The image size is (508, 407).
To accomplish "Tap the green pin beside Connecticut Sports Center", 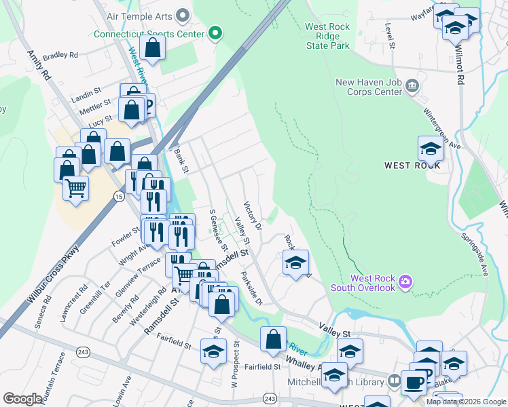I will (x=215, y=33).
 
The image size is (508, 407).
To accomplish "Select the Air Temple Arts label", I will (x=139, y=14).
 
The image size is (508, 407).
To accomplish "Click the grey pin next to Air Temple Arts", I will (x=182, y=14).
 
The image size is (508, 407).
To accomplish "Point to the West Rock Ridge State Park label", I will (x=327, y=37).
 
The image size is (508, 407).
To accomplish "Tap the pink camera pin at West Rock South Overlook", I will (x=405, y=279).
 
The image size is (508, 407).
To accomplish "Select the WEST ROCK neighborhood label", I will (x=412, y=165).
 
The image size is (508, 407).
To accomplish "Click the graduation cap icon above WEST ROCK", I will (x=431, y=147).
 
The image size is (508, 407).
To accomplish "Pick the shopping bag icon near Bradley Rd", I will (x=153, y=47).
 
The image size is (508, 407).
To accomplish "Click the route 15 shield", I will (x=119, y=196).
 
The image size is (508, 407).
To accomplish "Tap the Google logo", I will (x=23, y=399).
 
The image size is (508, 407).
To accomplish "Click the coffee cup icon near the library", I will (x=414, y=381).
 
